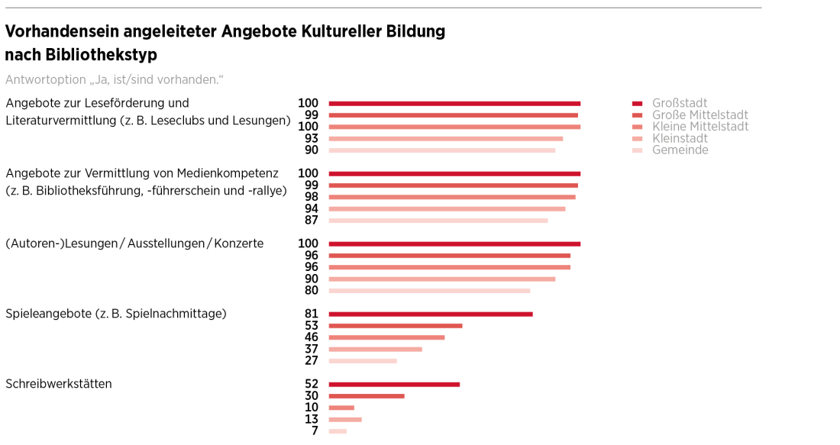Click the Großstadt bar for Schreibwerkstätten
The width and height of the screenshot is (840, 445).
pos(394,384)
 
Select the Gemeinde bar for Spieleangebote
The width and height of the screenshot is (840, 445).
pos(363,361)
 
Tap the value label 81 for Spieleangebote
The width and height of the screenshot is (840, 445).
pos(311,314)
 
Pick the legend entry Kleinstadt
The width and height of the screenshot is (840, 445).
pos(680,138)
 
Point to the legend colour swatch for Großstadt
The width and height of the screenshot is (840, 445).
pos(638,104)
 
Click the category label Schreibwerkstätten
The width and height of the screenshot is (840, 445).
pos(59,384)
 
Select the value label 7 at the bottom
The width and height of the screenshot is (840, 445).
pos(314,431)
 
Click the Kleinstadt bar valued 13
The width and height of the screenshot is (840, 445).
pos(345,419)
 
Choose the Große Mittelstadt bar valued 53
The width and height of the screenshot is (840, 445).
pos(396,326)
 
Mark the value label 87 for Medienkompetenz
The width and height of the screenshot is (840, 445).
pos(311,221)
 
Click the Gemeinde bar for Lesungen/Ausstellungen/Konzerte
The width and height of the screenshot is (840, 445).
pos(429,291)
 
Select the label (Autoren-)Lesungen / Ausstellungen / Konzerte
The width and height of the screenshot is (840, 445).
pos(134,243)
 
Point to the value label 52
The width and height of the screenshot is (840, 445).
pos(311,384)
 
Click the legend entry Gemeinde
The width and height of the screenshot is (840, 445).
pos(680,150)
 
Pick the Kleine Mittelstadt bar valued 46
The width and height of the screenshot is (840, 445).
pos(386,337)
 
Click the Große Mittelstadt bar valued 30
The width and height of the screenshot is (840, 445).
pos(367,396)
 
